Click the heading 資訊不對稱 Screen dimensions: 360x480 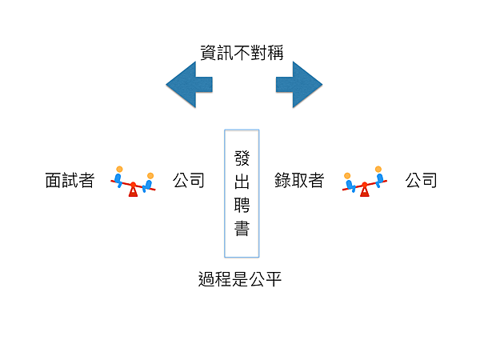tap(242, 53)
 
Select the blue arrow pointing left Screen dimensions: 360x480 tap(189, 83)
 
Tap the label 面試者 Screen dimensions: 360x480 tap(70, 181)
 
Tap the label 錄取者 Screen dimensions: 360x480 tap(298, 181)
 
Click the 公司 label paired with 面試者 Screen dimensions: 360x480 tap(189, 181)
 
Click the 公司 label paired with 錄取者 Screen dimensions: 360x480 tap(421, 181)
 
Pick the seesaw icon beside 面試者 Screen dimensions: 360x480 tap(133, 183)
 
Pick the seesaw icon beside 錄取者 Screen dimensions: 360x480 tap(365, 183)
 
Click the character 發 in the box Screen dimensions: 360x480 tap(242, 156)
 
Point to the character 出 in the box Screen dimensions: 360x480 tap(242, 181)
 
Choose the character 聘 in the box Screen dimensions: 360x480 tap(242, 205)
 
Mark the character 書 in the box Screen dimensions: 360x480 tap(242, 230)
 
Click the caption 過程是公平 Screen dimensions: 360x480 tap(240, 280)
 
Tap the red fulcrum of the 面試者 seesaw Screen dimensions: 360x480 tap(133, 190)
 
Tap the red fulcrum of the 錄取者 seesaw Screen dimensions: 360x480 tap(365, 190)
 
